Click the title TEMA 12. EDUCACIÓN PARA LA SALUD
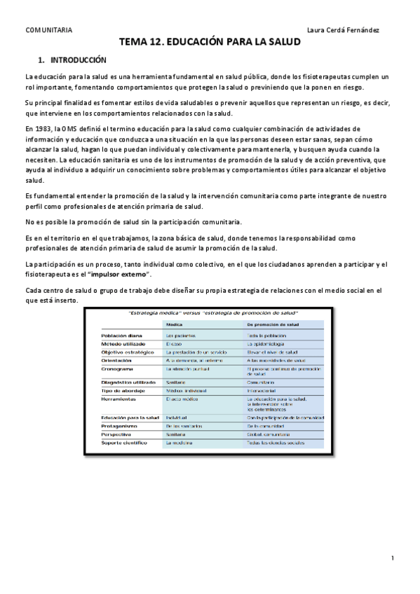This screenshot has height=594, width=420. click(210, 42)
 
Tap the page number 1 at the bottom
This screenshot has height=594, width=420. click(393, 558)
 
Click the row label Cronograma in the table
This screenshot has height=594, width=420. click(117, 368)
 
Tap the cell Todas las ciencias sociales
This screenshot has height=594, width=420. click(280, 443)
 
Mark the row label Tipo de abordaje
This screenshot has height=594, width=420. click(122, 389)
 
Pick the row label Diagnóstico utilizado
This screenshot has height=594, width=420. click(128, 381)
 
